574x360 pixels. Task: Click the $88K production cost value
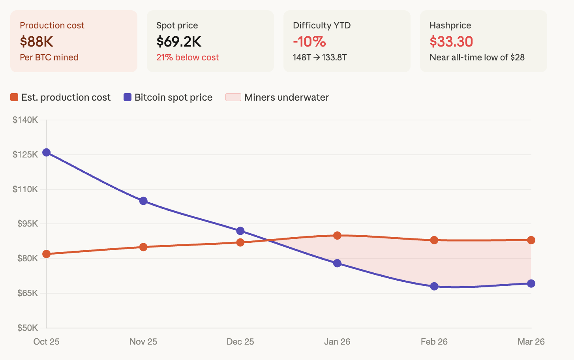pyautogui.click(x=36, y=41)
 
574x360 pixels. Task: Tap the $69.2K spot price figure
pyautogui.click(x=179, y=41)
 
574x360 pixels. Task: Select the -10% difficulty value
pyautogui.click(x=310, y=41)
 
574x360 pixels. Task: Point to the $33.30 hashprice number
pyautogui.click(x=451, y=41)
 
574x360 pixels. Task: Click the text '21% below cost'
pyautogui.click(x=188, y=57)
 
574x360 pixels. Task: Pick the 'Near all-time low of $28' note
pyautogui.click(x=477, y=57)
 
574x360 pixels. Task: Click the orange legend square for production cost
pyautogui.click(x=14, y=97)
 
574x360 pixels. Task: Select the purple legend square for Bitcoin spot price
pyautogui.click(x=128, y=97)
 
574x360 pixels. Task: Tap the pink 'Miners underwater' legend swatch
pyautogui.click(x=233, y=97)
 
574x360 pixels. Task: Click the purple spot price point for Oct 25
pyautogui.click(x=47, y=152)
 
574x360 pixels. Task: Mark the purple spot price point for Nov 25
pyautogui.click(x=143, y=201)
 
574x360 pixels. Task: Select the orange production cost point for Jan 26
pyautogui.click(x=337, y=236)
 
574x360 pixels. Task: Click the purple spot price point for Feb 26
pyautogui.click(x=434, y=286)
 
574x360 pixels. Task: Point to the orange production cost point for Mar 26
pyautogui.click(x=531, y=240)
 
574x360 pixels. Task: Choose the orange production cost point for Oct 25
pyautogui.click(x=47, y=254)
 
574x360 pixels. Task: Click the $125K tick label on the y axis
pyautogui.click(x=25, y=154)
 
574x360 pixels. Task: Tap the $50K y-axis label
pyautogui.click(x=28, y=328)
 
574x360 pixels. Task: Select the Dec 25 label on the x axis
pyautogui.click(x=240, y=341)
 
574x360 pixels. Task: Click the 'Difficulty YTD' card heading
pyautogui.click(x=322, y=25)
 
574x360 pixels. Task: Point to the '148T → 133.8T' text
pyautogui.click(x=320, y=57)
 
